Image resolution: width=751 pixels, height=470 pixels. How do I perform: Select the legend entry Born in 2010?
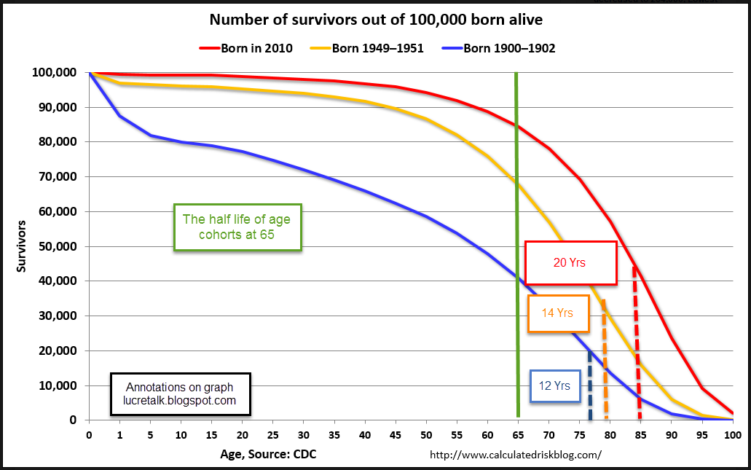coord(246,49)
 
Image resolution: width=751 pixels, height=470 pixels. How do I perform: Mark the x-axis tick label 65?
coord(518,435)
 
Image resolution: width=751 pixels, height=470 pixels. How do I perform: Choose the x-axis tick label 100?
coord(732,435)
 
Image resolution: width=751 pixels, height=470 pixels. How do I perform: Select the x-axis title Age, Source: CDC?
coord(268,455)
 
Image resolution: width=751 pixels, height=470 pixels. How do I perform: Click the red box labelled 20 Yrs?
coord(570,262)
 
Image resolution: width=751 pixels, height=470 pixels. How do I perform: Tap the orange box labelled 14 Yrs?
coord(558,313)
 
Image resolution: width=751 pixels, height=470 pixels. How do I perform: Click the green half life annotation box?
coord(237,227)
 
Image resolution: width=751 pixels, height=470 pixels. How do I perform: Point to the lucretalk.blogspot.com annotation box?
coord(181,393)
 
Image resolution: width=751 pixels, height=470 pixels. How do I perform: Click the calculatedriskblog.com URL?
coord(516,455)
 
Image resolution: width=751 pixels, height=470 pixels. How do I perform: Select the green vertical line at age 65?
coord(516,182)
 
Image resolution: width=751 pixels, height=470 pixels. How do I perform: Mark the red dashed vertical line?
coord(637,342)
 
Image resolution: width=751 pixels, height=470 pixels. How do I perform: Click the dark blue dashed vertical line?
coord(589,386)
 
